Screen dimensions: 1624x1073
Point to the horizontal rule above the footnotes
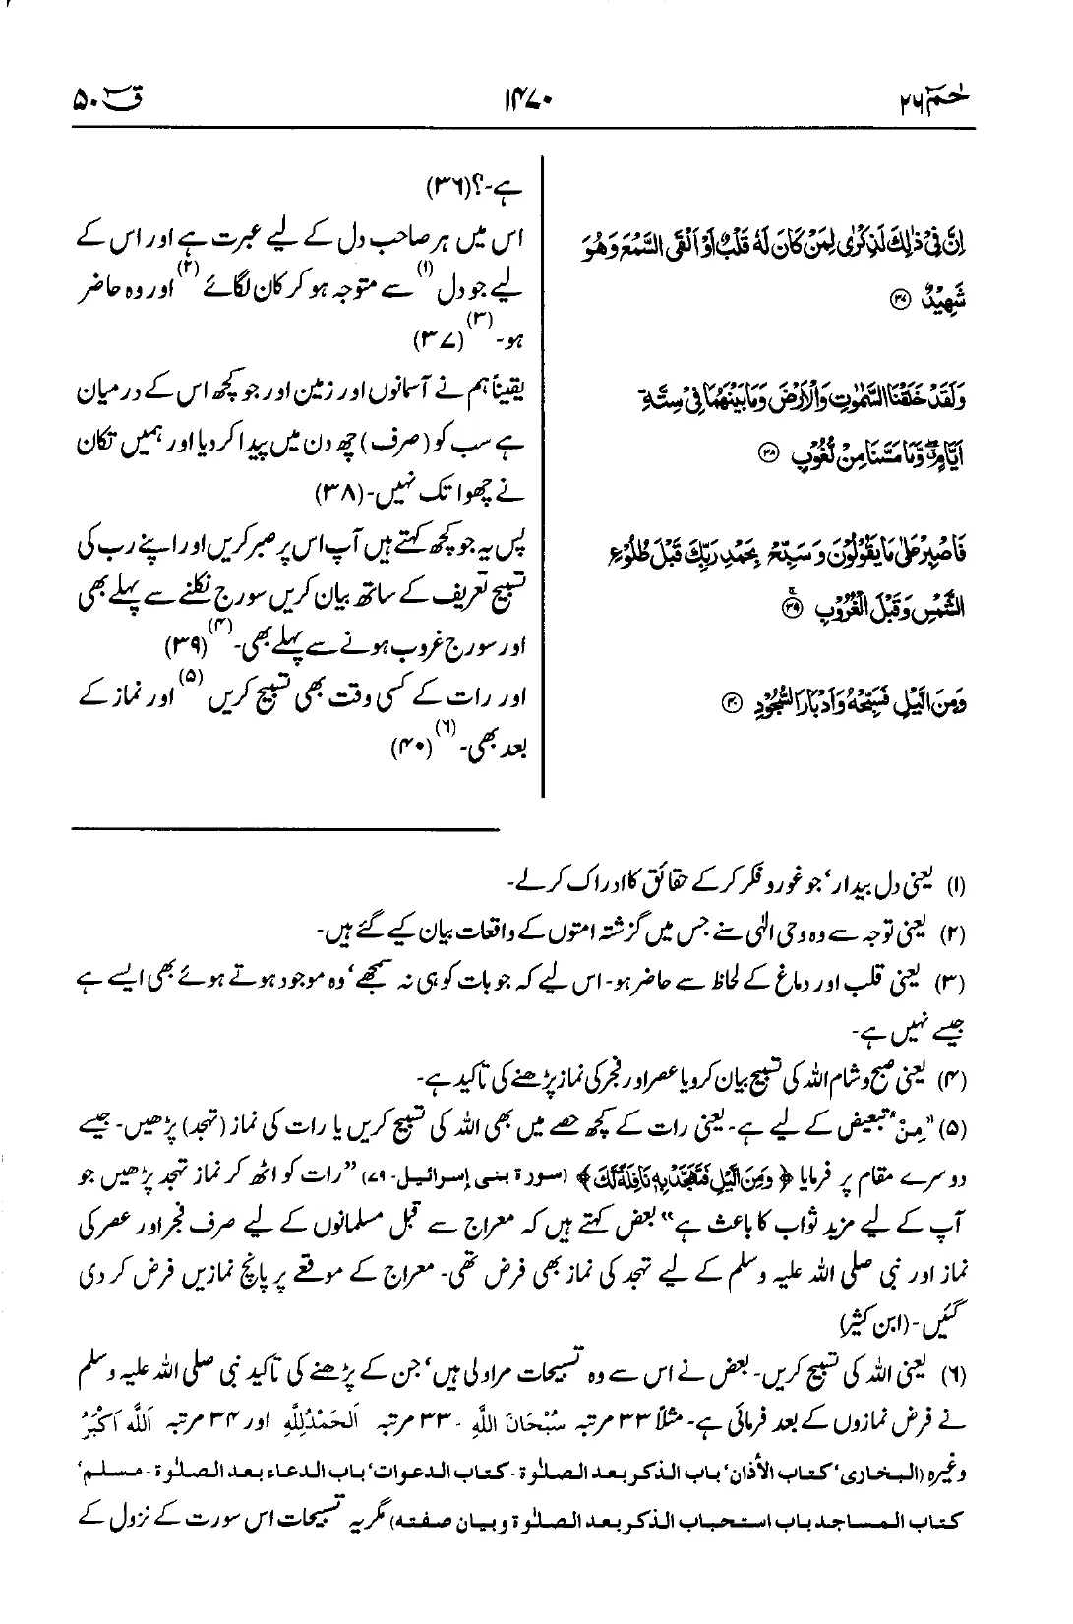[285, 831]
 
